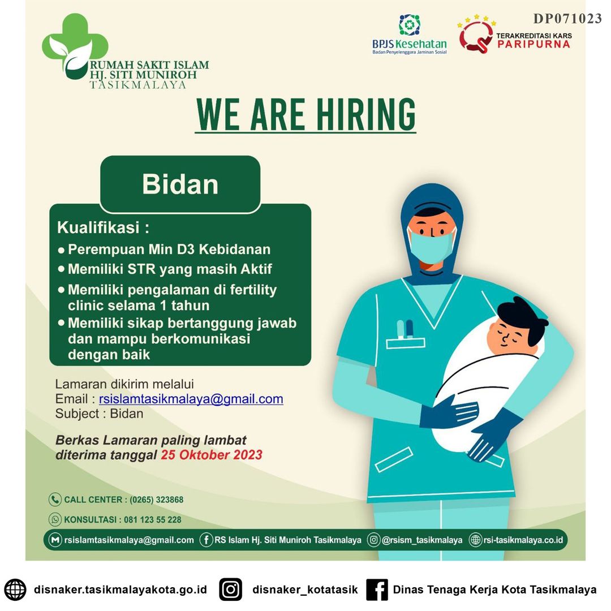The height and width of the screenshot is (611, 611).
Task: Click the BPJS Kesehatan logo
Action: (x=409, y=35)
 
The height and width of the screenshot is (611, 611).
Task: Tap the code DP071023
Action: (x=567, y=18)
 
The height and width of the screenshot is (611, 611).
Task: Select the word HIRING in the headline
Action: (x=365, y=114)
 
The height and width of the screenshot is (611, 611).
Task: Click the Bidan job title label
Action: (x=180, y=184)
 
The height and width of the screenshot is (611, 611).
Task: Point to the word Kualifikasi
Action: (x=98, y=227)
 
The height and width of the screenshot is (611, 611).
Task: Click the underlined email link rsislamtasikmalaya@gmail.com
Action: (x=191, y=399)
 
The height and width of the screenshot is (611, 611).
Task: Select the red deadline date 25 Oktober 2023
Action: (x=212, y=455)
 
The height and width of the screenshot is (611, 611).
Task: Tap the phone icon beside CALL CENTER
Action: (x=55, y=499)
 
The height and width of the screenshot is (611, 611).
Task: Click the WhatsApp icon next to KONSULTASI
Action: (x=55, y=519)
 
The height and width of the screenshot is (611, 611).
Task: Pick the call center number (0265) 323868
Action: (x=156, y=500)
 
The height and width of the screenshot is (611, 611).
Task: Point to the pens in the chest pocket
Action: (x=405, y=329)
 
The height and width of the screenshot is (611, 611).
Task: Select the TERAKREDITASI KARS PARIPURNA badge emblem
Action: (x=476, y=35)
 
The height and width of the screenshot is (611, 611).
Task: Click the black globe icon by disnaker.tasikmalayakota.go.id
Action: (x=15, y=589)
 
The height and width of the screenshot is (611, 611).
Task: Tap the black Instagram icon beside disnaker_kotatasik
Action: (x=230, y=589)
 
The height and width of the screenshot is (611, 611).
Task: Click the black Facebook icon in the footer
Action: (x=377, y=589)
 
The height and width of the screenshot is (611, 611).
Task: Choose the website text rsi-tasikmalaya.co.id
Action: (x=523, y=540)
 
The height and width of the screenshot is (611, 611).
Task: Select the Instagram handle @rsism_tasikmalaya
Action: (x=422, y=540)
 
